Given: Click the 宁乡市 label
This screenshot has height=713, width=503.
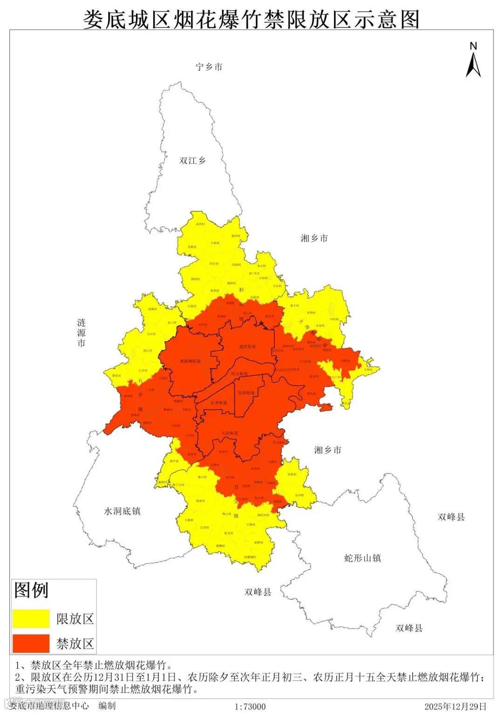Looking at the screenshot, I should point(209,67).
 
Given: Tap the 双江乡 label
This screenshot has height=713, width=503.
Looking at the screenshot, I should point(192,160).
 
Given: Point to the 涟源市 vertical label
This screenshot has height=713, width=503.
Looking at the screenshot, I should point(82,333).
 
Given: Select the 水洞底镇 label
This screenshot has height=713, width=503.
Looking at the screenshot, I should point(122,511).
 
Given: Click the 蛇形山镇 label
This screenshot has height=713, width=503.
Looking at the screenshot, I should point(362,557).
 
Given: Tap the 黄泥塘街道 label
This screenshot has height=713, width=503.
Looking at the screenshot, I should point(190,361).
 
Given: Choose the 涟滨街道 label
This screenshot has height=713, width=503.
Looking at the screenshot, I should point(247,347).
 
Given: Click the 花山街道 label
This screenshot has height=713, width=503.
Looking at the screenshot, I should point(239,374).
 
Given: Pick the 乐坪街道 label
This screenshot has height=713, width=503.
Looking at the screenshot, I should point(246,393).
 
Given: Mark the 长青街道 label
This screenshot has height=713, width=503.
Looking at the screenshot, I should point(219,403).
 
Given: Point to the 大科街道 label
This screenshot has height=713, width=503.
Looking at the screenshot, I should point(230,433).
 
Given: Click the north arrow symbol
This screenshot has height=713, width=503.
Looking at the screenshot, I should point(473,65).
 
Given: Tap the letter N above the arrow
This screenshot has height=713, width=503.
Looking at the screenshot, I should point(473,46).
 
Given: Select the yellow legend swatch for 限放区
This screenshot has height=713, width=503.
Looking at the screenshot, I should point(31,618).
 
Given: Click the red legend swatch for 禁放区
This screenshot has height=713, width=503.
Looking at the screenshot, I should point(31,643).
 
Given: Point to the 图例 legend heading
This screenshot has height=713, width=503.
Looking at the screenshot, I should point(31,590).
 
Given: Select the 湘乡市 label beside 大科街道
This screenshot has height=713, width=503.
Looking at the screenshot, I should point(327,450).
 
